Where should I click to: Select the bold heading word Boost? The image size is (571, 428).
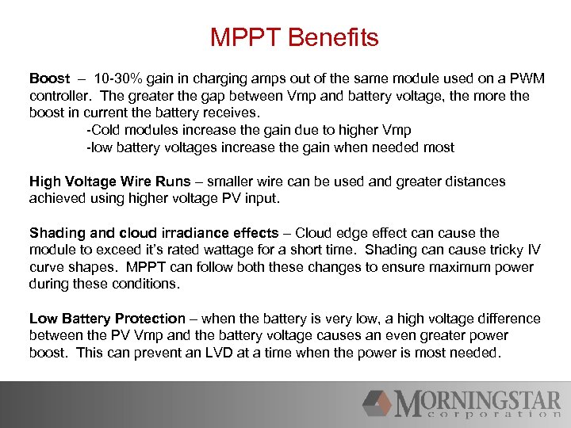(x=49, y=79)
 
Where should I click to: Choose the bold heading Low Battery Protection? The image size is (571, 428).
(x=107, y=319)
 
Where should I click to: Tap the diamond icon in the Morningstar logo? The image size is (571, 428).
(x=377, y=403)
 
